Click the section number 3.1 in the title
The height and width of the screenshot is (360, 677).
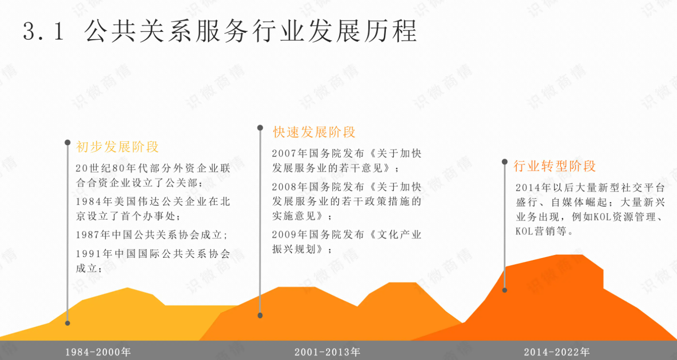44,31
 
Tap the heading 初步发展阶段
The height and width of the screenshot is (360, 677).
117,147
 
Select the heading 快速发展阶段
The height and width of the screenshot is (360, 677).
314,132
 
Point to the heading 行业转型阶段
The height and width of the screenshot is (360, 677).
554,166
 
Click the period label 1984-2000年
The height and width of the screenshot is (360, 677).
98,352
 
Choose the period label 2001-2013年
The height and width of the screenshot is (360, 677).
327,352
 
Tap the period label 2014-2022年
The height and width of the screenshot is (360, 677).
557,352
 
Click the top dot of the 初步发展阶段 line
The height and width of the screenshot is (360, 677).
68,142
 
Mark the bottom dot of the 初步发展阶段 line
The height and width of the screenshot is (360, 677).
68,323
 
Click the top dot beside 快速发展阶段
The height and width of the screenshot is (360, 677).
260,128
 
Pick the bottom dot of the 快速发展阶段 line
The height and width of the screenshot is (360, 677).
260,315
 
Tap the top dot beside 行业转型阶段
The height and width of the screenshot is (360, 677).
505,162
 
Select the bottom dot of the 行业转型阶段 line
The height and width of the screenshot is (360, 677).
505,290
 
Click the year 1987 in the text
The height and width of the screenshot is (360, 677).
88,235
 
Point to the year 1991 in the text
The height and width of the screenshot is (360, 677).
88,254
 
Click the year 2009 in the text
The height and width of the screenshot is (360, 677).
284,234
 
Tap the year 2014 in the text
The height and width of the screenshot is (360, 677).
528,188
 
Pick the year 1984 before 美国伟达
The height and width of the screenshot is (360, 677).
88,202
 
